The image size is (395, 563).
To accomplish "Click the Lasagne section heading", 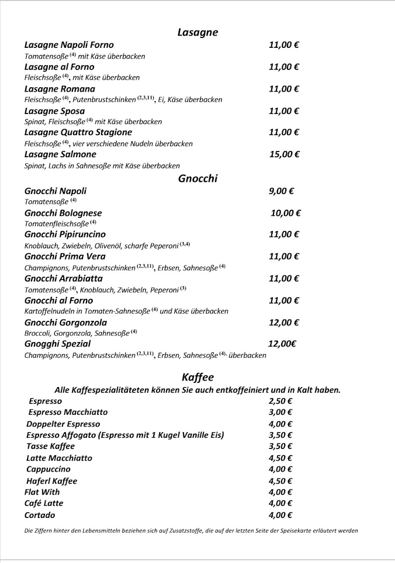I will coord(197,32).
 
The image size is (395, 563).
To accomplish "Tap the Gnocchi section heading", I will coord(197,178).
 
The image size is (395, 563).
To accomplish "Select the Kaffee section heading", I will coord(197,377).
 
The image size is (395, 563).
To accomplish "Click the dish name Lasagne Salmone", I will coord(60,154).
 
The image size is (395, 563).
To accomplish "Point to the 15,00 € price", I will coord(284,154).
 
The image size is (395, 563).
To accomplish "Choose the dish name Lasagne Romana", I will coord(60,89).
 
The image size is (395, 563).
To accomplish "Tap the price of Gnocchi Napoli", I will coord(282,191).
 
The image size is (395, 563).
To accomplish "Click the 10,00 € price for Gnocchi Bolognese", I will coord(285,213).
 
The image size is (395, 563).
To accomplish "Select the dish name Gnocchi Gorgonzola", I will coord(66,323).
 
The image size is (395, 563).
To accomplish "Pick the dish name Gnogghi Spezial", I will coord(58,344).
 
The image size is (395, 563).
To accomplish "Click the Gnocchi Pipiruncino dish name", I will coord(65,235).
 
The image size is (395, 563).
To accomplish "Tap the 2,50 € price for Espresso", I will coord(280,401).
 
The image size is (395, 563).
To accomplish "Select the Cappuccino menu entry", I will coord(48,469).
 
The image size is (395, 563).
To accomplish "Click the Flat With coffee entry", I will coord(42,492).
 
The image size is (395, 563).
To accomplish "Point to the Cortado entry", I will coord(40,515).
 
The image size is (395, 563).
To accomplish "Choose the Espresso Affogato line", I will coord(125,435).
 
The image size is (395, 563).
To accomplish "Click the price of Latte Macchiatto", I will coord(280,458).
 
